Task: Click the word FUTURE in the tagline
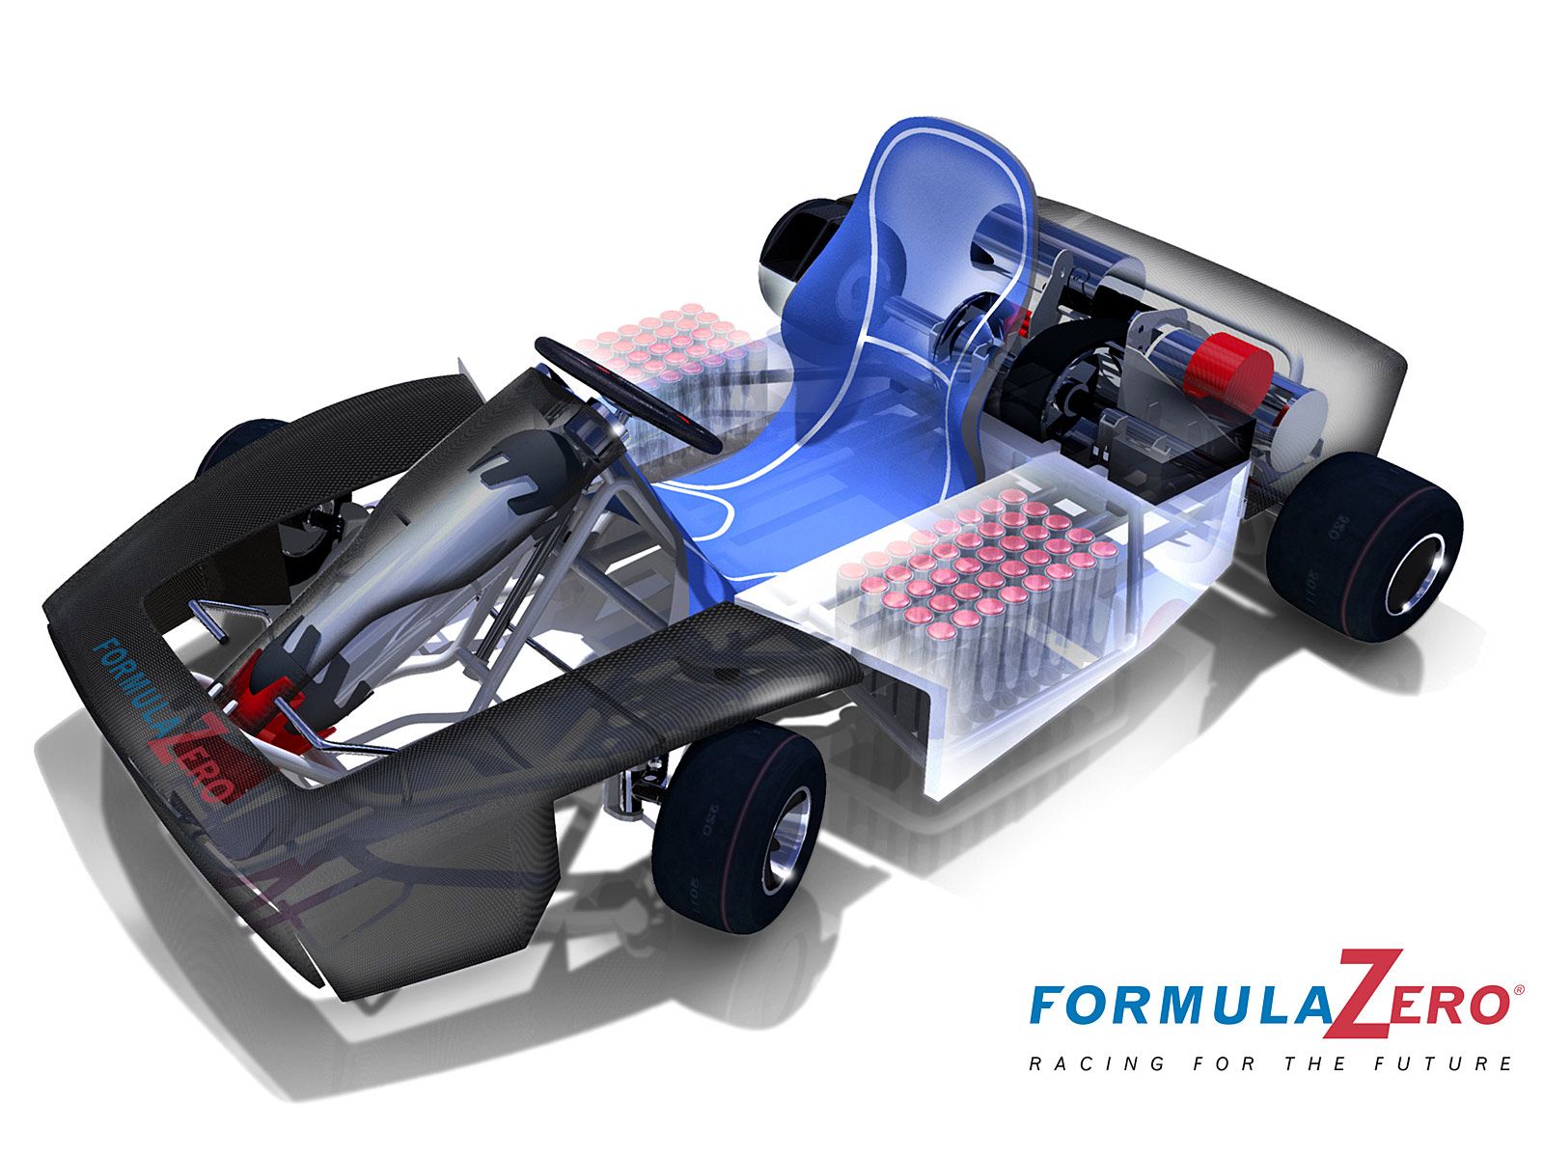[1457, 1064]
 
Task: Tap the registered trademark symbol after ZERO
[1519, 990]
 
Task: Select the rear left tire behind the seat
[801, 241]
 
